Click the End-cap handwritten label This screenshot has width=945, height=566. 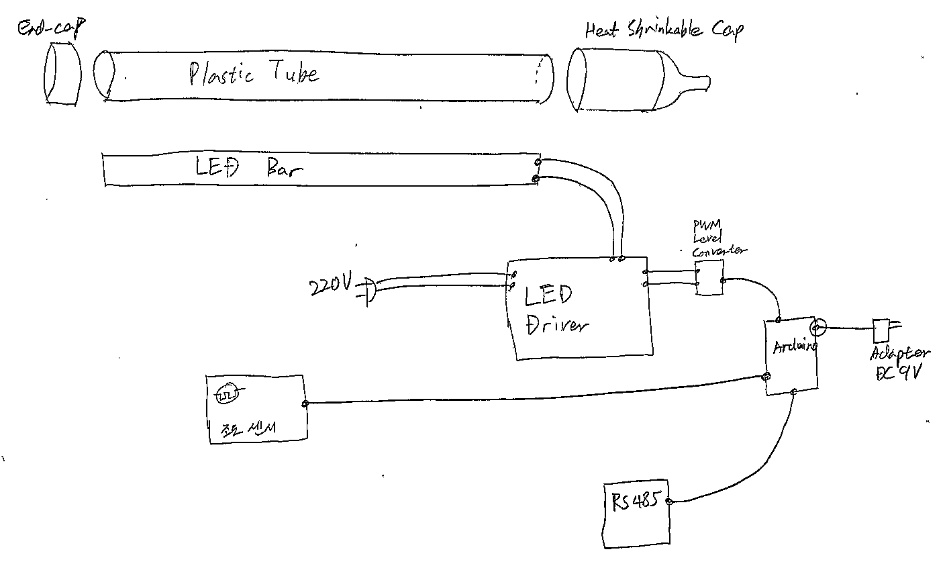(53, 28)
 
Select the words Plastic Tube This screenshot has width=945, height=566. (254, 73)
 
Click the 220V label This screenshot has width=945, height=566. (330, 287)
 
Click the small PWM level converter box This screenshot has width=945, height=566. (709, 279)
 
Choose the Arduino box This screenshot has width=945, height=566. (792, 356)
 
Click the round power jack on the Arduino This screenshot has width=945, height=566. (817, 328)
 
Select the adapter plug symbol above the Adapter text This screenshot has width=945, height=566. (881, 329)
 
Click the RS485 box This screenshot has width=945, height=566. (636, 514)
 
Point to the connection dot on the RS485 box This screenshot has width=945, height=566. (668, 502)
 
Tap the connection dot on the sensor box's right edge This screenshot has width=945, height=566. (305, 404)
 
